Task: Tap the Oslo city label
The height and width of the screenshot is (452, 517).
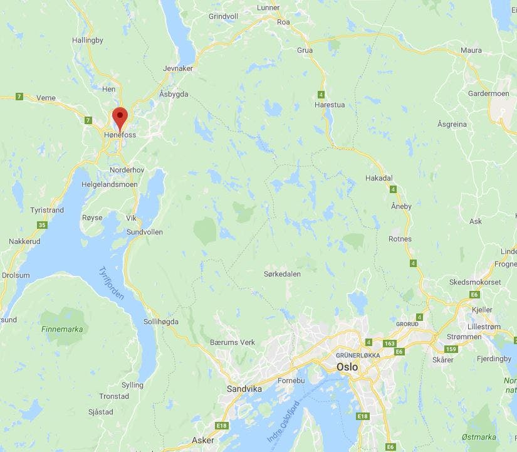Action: (348, 367)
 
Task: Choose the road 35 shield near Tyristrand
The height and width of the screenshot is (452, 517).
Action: (42, 225)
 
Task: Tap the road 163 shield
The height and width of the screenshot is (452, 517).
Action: (390, 343)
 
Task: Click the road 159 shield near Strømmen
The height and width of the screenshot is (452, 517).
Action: (451, 349)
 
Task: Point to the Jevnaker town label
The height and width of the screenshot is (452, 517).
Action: (177, 68)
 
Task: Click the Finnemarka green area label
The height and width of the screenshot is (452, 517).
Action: (62, 328)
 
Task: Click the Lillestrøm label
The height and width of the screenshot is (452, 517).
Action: (488, 327)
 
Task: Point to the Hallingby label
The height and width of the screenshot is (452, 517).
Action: (88, 39)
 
